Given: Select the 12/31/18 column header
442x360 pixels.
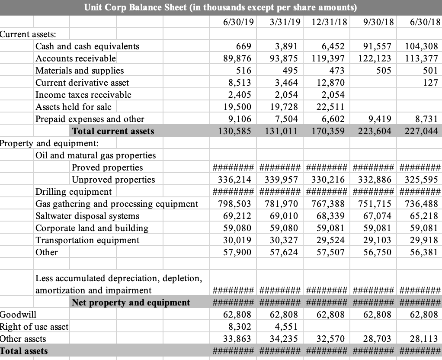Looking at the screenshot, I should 329,22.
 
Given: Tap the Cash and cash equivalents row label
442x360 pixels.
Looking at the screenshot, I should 87,46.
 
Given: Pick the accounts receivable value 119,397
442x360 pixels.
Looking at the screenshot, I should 327,58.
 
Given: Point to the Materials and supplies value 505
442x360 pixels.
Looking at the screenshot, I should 383,71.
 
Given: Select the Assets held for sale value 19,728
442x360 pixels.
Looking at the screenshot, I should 283,107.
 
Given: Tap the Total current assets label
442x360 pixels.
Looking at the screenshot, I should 113,131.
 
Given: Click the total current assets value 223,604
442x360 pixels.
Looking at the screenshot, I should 374,131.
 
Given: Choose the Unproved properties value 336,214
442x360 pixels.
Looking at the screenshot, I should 234,180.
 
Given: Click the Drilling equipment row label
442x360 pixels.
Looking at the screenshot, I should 74,192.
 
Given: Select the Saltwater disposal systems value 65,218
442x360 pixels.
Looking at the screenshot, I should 424,216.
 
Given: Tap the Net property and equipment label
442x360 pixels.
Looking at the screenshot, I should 131,302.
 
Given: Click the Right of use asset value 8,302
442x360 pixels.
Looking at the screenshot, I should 240,327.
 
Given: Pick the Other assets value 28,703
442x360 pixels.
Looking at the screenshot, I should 377,339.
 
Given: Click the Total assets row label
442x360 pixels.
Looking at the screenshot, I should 24,351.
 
